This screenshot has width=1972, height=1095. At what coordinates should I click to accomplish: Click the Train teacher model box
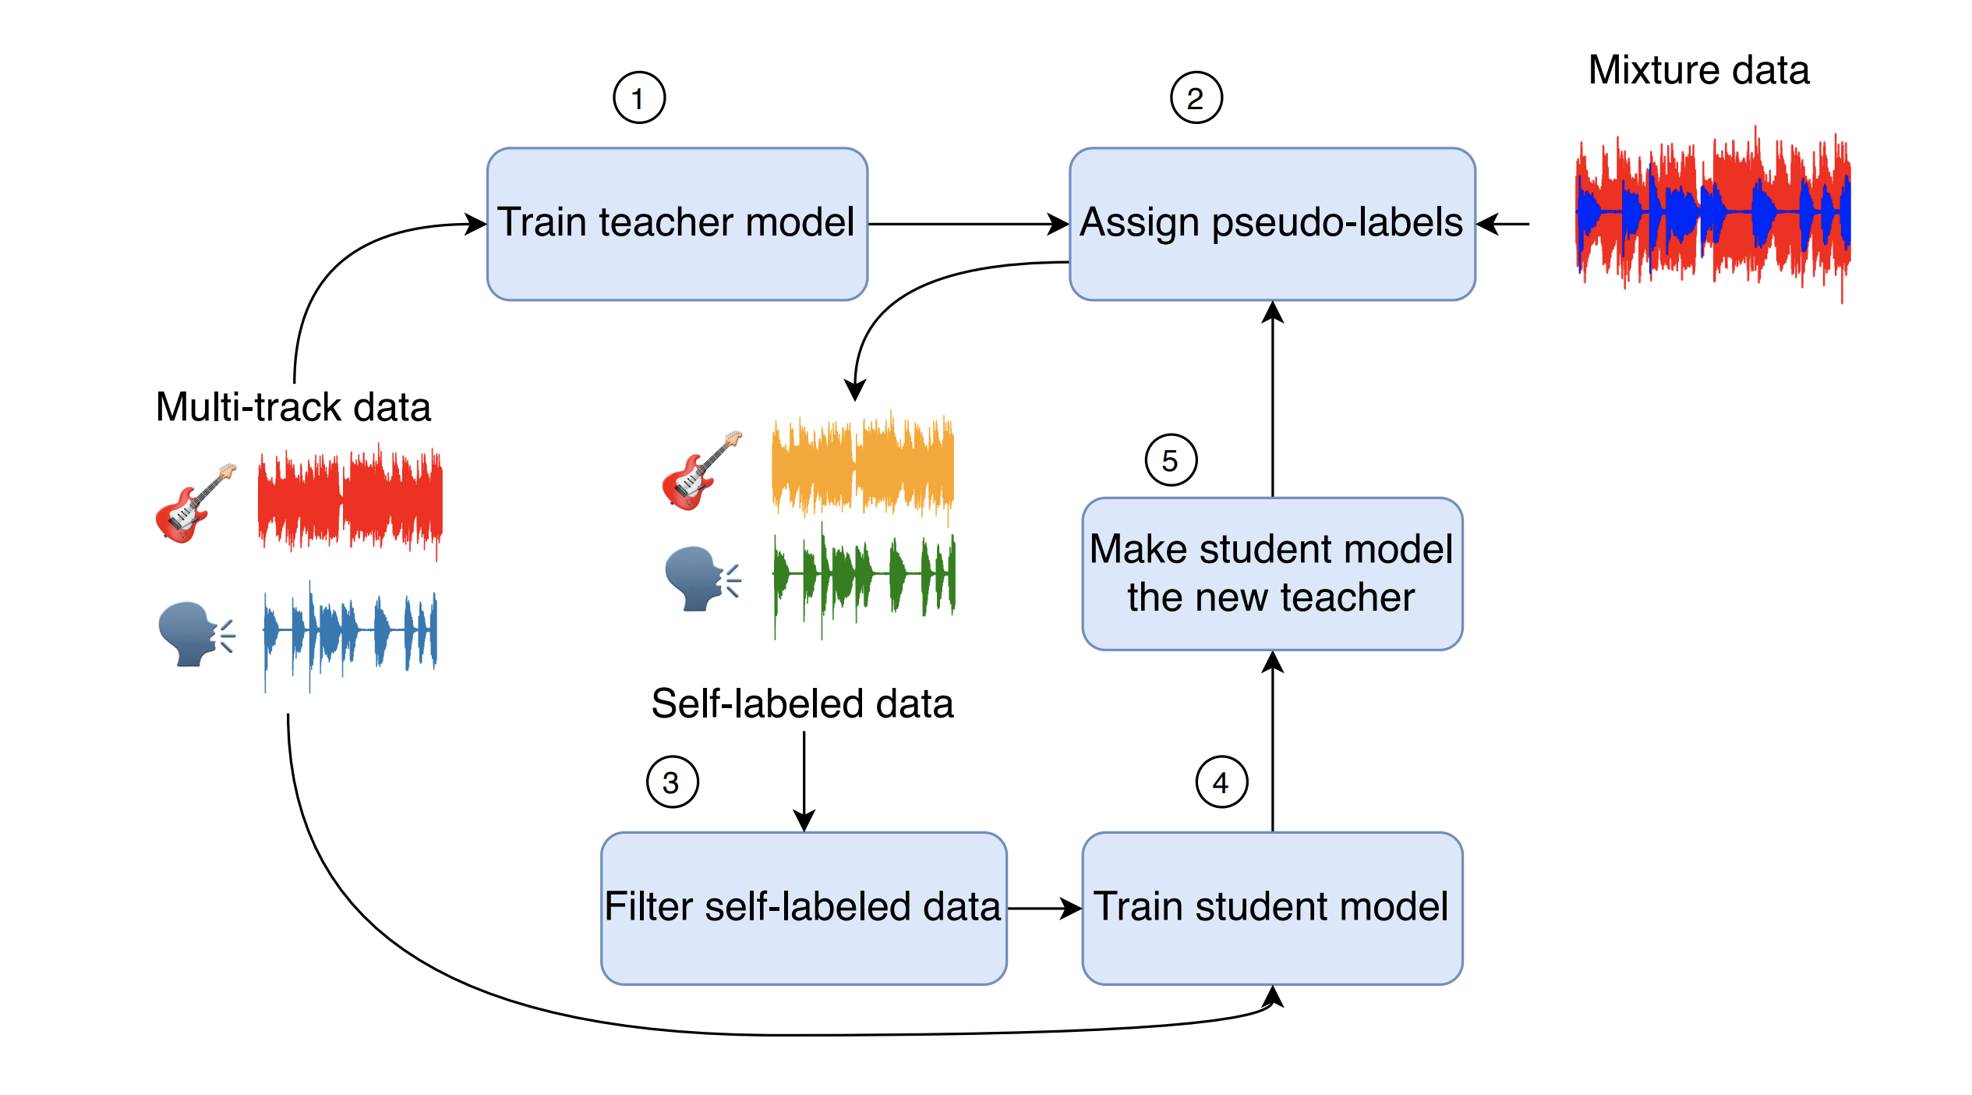click(x=677, y=224)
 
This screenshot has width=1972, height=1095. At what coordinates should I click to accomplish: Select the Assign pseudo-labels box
click(x=1271, y=224)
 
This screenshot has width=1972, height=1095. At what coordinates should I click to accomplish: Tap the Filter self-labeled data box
click(x=803, y=908)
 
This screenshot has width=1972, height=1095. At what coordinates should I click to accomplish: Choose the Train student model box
click(x=1271, y=908)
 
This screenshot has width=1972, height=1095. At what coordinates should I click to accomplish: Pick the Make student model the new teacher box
click(x=1271, y=573)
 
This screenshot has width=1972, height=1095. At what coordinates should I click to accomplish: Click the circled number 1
click(x=639, y=98)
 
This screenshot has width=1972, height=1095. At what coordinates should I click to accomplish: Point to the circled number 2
click(x=1196, y=98)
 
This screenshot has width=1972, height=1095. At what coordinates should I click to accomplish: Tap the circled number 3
click(x=672, y=782)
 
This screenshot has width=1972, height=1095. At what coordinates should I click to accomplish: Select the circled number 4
click(x=1221, y=782)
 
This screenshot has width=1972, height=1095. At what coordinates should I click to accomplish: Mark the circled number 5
click(x=1171, y=460)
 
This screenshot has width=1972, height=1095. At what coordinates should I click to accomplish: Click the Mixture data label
click(x=1698, y=70)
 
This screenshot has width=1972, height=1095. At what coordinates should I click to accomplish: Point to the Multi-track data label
click(x=293, y=407)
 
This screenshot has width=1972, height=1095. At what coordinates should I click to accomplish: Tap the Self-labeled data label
click(x=802, y=703)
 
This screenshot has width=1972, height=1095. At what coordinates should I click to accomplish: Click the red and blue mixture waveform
click(x=1712, y=212)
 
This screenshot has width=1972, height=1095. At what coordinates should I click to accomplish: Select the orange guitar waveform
click(x=862, y=466)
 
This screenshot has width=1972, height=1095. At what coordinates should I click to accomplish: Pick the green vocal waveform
click(x=864, y=577)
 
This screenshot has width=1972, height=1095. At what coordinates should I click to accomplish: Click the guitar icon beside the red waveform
click(x=195, y=502)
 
